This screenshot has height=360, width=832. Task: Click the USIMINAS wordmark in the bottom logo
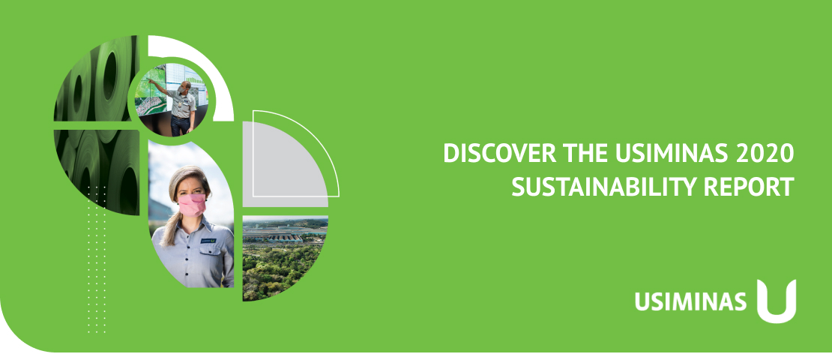click(690, 301)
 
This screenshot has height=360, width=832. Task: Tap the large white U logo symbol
click(777, 301)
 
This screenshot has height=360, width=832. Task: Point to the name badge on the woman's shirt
click(208, 241)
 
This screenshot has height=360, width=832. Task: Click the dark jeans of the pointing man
click(181, 126)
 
